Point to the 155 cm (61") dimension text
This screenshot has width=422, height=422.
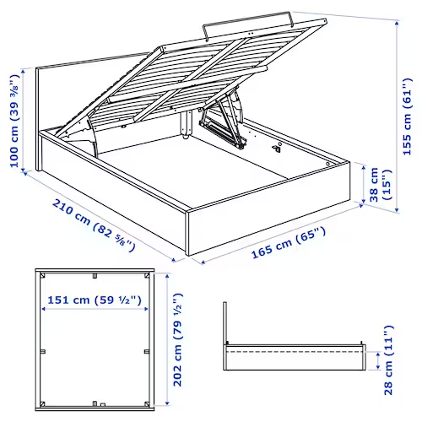pyautogui.click(x=409, y=110)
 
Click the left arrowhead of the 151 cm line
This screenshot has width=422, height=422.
pyautogui.click(x=44, y=309)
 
